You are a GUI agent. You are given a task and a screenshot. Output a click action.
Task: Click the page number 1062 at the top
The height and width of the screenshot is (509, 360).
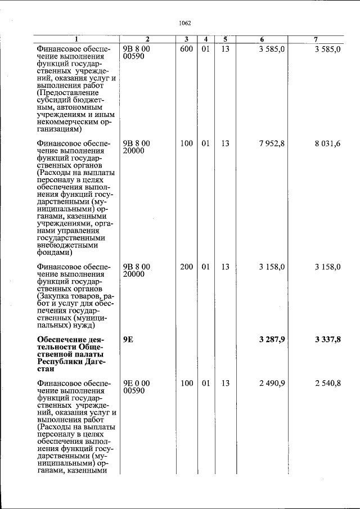pyautogui.click(x=185, y=23)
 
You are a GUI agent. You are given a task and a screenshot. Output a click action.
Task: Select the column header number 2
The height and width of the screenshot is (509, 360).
pyautogui.click(x=147, y=39)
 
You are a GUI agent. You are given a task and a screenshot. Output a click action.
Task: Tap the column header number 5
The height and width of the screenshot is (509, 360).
pyautogui.click(x=225, y=39)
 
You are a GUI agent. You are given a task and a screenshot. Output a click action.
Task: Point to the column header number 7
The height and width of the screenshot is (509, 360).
pyautogui.click(x=316, y=39)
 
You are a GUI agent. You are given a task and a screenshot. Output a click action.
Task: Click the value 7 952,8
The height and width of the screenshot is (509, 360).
pyautogui.click(x=272, y=143)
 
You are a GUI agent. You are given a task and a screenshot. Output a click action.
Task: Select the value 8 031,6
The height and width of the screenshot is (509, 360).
pyautogui.click(x=328, y=143)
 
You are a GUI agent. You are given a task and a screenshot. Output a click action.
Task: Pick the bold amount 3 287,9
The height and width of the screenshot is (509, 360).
pyautogui.click(x=272, y=339)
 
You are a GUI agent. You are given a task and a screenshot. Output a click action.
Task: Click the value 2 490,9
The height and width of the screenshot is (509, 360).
pyautogui.click(x=272, y=383)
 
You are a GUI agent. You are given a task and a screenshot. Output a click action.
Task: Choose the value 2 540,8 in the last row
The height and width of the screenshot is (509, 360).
pyautogui.click(x=328, y=383)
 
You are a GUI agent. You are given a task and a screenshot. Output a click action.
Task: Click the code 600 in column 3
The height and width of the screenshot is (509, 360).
pyautogui.click(x=186, y=49)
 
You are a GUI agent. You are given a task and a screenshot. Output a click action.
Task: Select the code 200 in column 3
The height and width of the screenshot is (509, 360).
pyautogui.click(x=186, y=267)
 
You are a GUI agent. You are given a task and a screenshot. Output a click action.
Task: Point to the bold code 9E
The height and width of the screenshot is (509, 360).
pyautogui.click(x=128, y=339)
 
